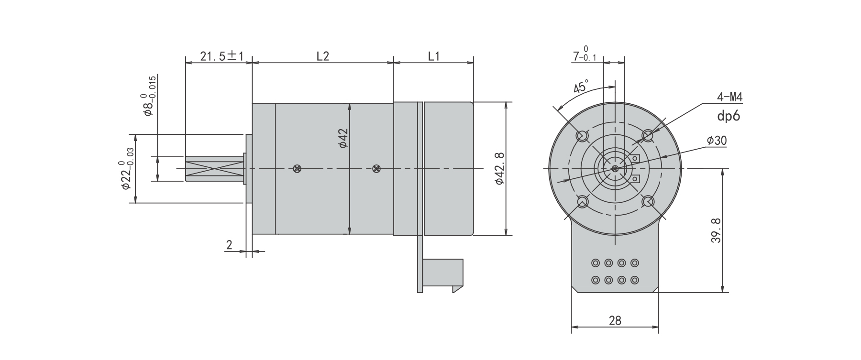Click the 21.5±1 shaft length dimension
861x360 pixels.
[x=222, y=56]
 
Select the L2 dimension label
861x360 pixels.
[x=323, y=56]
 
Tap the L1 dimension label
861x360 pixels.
[x=433, y=56]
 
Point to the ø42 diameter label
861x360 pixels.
[x=343, y=138]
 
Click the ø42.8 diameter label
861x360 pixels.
[x=499, y=168]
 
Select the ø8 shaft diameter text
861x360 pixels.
[x=148, y=96]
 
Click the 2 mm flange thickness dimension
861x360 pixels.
[x=229, y=245]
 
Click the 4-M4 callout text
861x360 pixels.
[x=729, y=98]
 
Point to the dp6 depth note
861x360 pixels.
[x=729, y=115]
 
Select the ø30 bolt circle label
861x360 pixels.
[x=717, y=141]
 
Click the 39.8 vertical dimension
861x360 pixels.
[x=715, y=230]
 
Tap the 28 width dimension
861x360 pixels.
[x=615, y=320]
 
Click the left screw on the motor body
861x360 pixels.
[x=298, y=168]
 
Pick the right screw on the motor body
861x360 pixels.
[x=376, y=168]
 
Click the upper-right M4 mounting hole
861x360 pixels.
[x=648, y=136]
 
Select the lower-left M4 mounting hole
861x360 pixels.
[x=582, y=202]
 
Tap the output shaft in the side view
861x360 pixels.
[x=214, y=168]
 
